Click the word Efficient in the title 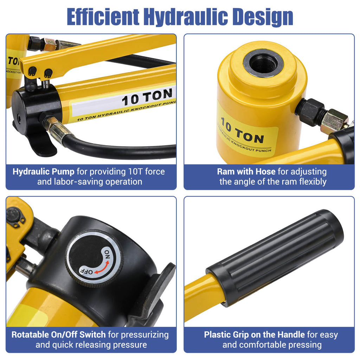pos(103,17)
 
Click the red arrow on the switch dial pos(102,267)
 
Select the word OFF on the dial pos(86,271)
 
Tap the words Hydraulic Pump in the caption pos(43,172)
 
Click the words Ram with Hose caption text pos(246,172)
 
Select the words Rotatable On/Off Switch pos(59,335)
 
